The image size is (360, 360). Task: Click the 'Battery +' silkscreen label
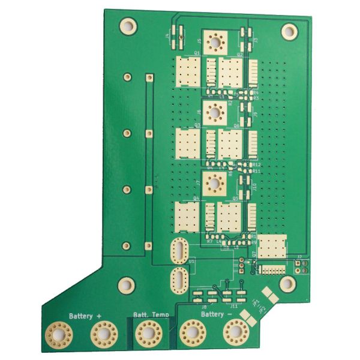pyautogui.click(x=85, y=316)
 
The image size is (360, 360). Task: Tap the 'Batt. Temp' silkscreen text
pyautogui.click(x=151, y=315)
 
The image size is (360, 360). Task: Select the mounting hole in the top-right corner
pyautogui.click(x=290, y=31)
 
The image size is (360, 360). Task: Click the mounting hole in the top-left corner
pyautogui.click(x=128, y=25)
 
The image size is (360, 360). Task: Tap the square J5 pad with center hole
pyautogui.click(x=214, y=41)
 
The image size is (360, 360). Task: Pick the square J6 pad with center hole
pyautogui.click(x=214, y=112)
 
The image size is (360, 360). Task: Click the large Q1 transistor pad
pyautogui.click(x=188, y=71)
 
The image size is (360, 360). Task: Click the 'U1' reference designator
pyautogui.click(x=191, y=261)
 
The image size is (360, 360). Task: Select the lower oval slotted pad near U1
pyautogui.click(x=179, y=280)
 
